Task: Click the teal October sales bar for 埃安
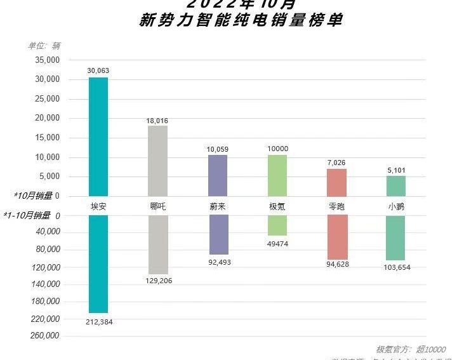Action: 98,137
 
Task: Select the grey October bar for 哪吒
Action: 157,161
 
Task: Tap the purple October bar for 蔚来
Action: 218,175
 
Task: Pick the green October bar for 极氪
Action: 277,175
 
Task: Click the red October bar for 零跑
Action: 336,182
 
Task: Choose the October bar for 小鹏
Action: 396,186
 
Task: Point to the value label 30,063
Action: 98,70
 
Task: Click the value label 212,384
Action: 98,322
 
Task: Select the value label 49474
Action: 277,244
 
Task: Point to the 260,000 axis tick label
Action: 45,336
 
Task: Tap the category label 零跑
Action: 336,206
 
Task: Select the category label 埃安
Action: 98,206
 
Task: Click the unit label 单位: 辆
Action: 44,46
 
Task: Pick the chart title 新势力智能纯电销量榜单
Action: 241,21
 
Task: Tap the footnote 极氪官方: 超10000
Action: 411,349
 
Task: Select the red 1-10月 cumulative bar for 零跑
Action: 336,237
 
